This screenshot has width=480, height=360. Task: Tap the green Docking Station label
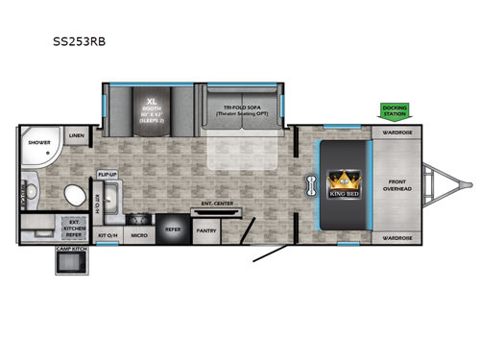[x=395, y=109]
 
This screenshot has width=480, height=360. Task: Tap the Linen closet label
[x=77, y=136]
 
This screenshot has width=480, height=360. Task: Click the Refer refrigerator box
[x=174, y=230]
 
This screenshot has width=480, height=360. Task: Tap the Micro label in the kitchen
[x=138, y=234]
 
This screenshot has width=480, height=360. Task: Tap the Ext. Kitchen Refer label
[x=73, y=228]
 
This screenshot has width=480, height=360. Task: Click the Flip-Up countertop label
[x=107, y=175]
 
